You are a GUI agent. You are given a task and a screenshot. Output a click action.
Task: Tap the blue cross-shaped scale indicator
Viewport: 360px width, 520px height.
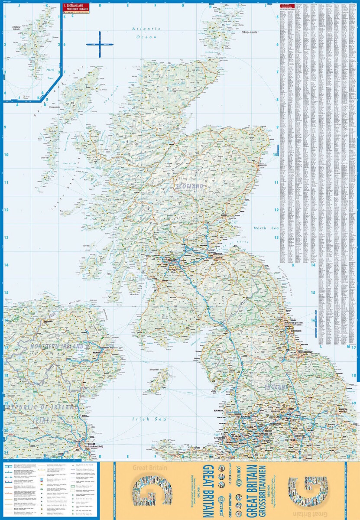click(x=99, y=44)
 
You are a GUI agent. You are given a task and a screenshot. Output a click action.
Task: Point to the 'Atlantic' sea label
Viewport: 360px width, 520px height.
click(x=146, y=29)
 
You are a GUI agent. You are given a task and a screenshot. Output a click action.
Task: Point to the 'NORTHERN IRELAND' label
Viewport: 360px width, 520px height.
click(x=56, y=347)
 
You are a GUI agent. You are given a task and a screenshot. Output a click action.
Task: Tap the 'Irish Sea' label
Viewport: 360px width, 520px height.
click(x=147, y=419)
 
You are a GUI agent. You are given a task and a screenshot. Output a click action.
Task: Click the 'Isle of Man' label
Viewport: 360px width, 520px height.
click(x=154, y=370)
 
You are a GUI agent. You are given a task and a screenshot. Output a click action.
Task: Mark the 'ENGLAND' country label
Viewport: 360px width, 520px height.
click(x=277, y=386)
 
